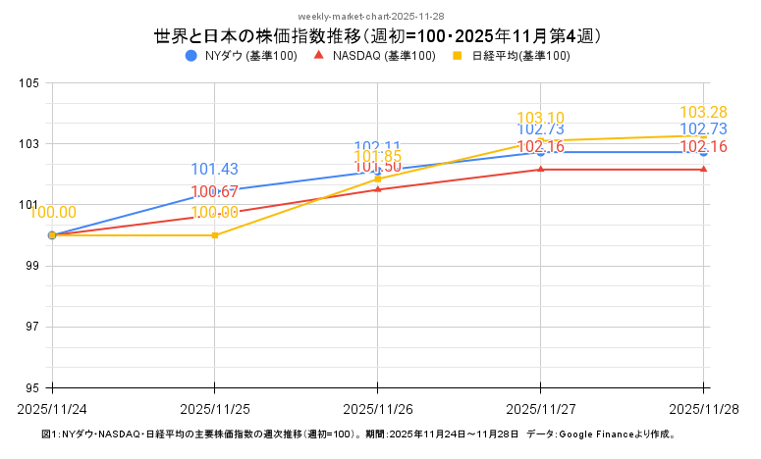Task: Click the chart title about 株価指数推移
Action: [x=378, y=36]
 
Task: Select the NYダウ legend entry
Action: [x=241, y=56]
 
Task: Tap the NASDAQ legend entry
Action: [x=374, y=56]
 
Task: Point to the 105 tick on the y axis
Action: [x=28, y=83]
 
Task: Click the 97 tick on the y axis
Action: [x=31, y=327]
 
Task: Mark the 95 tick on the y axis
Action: [x=31, y=387]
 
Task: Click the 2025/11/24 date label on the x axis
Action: [x=51, y=408]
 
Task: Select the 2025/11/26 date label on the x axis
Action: [x=378, y=408]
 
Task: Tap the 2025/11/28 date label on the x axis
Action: [x=703, y=408]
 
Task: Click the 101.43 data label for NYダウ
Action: [x=214, y=170]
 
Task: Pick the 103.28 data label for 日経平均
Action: [x=703, y=113]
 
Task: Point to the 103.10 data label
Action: [x=541, y=119]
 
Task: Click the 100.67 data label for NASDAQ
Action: [x=214, y=192]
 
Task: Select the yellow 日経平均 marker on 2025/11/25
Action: [x=215, y=235]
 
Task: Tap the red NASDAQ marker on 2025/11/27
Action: [x=541, y=170]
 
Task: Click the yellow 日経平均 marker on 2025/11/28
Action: [x=704, y=135]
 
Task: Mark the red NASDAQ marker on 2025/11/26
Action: [x=378, y=189]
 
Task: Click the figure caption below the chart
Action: [x=358, y=433]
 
